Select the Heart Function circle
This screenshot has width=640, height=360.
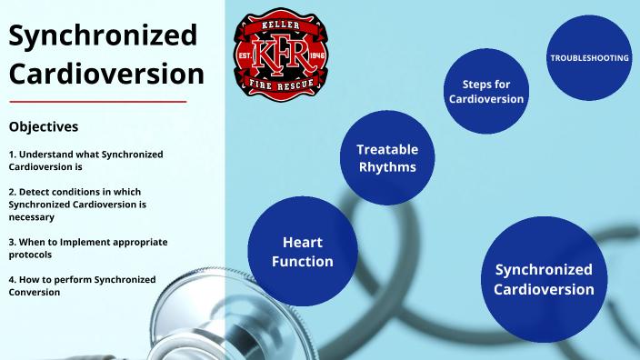pos(295,252)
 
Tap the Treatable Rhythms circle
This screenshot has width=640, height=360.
pos(386,157)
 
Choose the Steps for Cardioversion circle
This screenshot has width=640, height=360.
pos(485,92)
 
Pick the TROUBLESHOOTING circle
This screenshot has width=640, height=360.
pos(589,58)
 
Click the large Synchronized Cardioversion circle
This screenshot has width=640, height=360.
pos(544,279)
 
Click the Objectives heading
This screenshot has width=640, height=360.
pos(43,126)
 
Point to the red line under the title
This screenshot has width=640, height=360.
pos(97,101)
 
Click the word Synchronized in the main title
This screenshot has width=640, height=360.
pos(103,36)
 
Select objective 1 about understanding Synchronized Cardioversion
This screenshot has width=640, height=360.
pos(85,161)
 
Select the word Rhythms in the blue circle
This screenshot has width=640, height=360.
pos(386,167)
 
